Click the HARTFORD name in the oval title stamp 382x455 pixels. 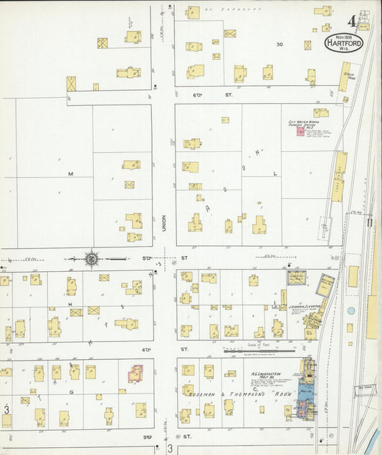(344, 43)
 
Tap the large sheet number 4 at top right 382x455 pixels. (353, 21)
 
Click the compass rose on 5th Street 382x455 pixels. (92, 258)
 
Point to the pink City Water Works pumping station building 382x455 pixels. (300, 133)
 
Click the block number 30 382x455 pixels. (280, 44)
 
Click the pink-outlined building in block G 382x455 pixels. (135, 373)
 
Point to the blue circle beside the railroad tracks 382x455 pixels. (350, 311)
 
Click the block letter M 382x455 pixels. (71, 174)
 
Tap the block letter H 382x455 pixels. (71, 305)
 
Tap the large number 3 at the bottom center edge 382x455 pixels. (171, 449)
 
